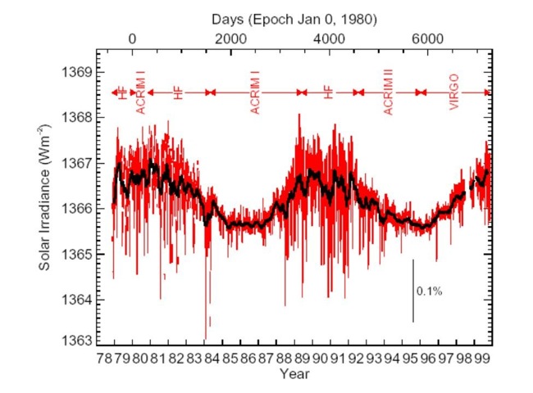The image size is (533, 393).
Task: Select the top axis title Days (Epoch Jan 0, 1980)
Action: [x=289, y=17]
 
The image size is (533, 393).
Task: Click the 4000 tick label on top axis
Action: [x=330, y=39]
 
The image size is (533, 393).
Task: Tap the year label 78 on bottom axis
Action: [x=105, y=358]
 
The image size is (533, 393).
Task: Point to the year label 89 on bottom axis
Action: [x=303, y=358]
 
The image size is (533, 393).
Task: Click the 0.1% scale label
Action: [x=430, y=291]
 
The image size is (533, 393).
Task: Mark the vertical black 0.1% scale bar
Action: [x=413, y=291]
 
